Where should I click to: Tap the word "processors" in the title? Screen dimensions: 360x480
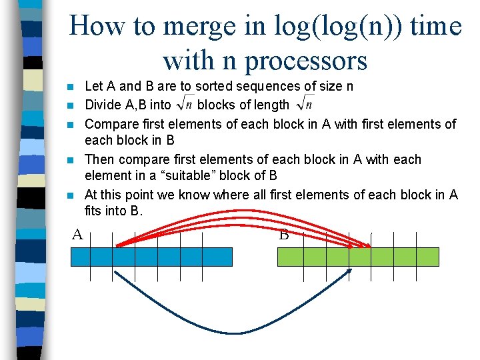pyautogui.click(x=306, y=61)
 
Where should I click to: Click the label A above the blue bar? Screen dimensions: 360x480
pyautogui.click(x=77, y=234)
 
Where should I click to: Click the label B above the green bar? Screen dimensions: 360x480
pyautogui.click(x=283, y=234)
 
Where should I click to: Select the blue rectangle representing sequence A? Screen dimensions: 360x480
pyautogui.click(x=151, y=257)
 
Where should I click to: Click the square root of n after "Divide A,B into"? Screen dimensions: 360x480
pyautogui.click(x=184, y=105)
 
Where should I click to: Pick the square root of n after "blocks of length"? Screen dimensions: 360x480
pyautogui.click(x=305, y=105)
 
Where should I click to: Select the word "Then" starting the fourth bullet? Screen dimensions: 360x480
pyautogui.click(x=99, y=160)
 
